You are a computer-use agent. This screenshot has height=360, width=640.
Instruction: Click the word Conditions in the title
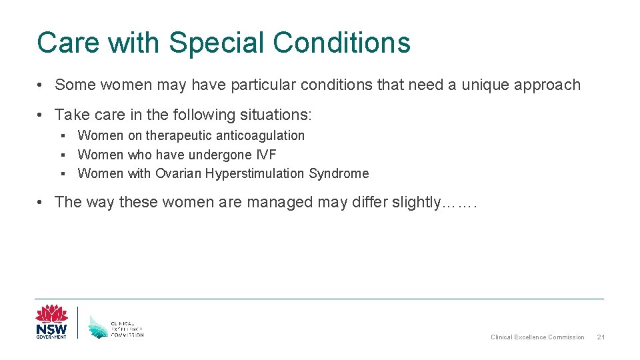(342, 43)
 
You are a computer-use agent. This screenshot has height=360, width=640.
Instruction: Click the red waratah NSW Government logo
(51, 322)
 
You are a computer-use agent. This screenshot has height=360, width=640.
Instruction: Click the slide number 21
(601, 337)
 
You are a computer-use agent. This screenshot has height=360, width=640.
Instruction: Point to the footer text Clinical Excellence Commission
(537, 337)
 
